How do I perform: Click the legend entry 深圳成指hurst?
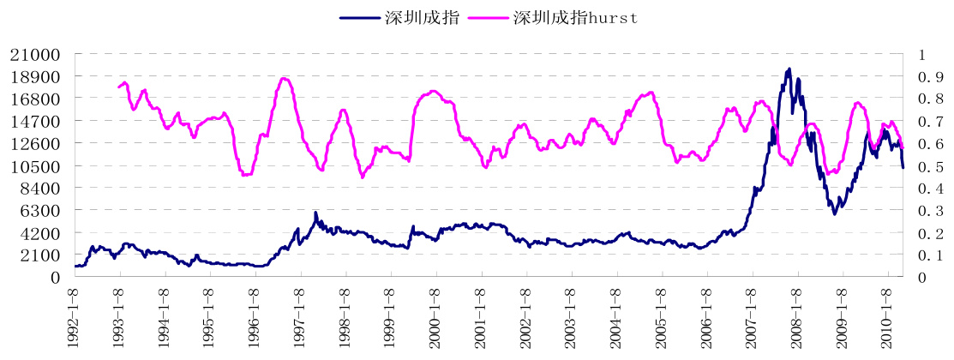[x=575, y=16]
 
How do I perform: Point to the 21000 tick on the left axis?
[x=35, y=54]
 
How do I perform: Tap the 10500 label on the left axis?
[x=35, y=165]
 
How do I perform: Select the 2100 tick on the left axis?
[x=40, y=255]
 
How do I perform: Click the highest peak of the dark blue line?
[x=789, y=69]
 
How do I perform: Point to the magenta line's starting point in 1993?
[x=118, y=87]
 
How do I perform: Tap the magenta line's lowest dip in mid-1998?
[x=362, y=177]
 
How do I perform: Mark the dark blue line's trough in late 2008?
[x=835, y=213]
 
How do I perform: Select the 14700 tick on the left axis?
[x=35, y=121]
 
